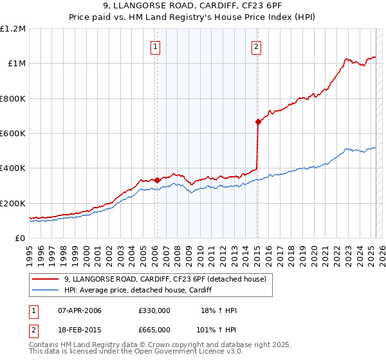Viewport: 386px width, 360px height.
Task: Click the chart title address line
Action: [192, 8]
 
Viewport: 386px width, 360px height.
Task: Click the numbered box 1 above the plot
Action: [156, 46]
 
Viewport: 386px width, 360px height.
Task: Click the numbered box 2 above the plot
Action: [256, 46]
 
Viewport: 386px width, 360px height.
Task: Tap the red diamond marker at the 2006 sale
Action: [156, 180]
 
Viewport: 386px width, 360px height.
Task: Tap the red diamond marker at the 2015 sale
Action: [258, 122]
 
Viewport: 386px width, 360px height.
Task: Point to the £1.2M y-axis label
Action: [14, 28]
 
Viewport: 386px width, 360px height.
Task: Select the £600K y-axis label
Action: [14, 133]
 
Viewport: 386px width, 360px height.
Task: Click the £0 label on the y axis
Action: [21, 238]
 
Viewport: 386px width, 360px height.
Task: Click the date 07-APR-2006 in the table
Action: [80, 310]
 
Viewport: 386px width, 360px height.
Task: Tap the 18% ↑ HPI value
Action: [218, 310]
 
